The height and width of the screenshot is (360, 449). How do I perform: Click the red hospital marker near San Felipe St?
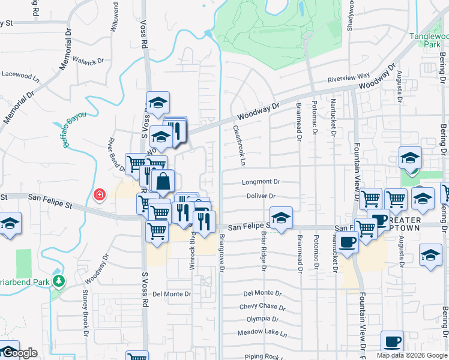pyautogui.click(x=99, y=194)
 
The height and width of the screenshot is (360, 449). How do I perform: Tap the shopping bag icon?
pyautogui.click(x=163, y=180)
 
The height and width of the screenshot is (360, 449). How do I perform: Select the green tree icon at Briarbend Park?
pyautogui.click(x=58, y=281)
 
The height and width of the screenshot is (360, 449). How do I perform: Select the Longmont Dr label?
pyautogui.click(x=261, y=181)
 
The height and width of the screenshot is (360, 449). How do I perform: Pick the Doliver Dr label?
pyautogui.click(x=261, y=196)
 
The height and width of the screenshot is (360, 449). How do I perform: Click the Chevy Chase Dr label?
pyautogui.click(x=262, y=307)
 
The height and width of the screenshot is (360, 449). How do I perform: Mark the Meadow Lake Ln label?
pyautogui.click(x=262, y=332)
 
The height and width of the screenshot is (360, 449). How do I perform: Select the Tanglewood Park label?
pyautogui.click(x=429, y=40)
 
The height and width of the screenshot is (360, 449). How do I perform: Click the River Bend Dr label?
pyautogui.click(x=116, y=155)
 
